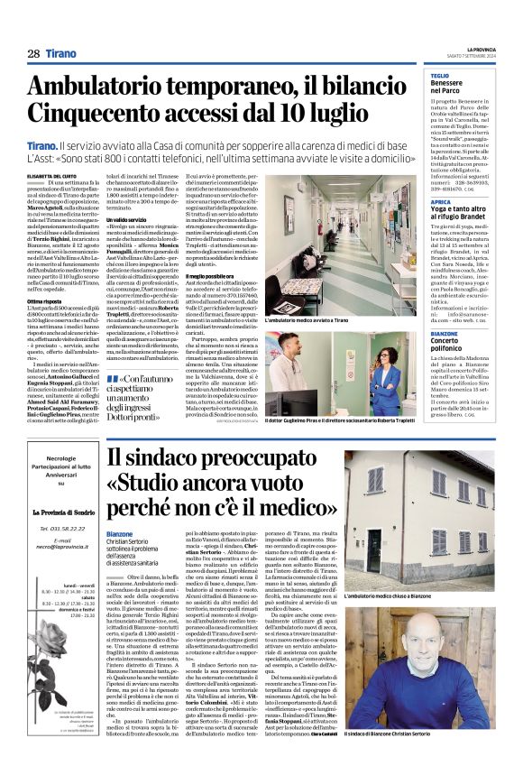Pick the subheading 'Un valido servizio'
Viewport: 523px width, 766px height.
127,218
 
